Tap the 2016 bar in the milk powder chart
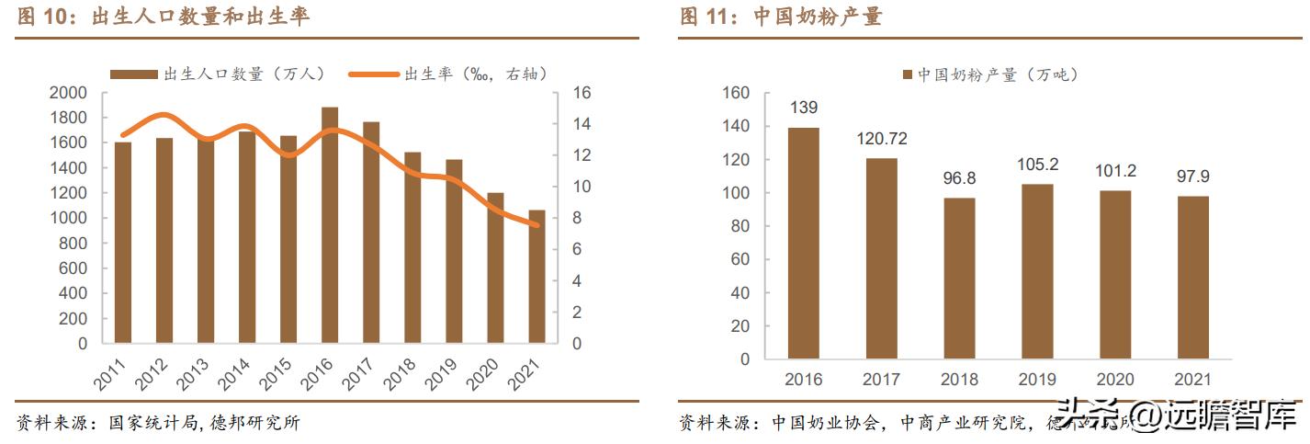(x=803, y=244)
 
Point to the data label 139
(x=803, y=108)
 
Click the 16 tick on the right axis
(x=583, y=93)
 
